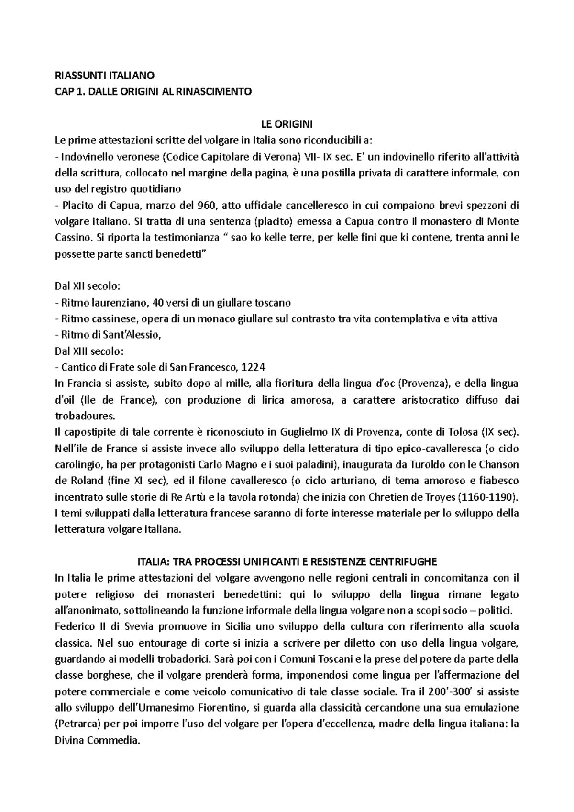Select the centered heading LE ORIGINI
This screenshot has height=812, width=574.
point(287,124)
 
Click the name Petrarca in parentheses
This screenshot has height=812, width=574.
point(77,724)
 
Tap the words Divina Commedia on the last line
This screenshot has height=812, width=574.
point(97,740)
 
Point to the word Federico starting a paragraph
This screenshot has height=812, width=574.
point(72,626)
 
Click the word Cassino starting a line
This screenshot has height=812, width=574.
point(72,238)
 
